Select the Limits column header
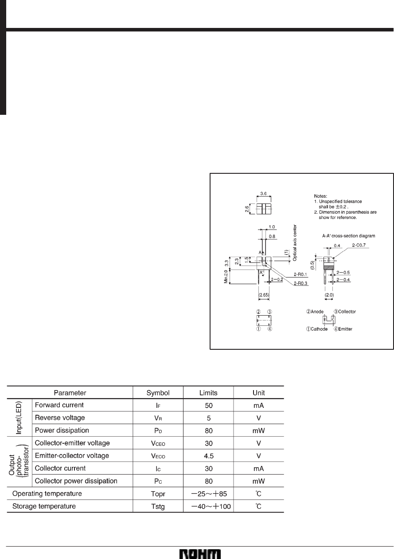pos(208,392)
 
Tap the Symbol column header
pos(158,392)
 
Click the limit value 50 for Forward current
pos(208,405)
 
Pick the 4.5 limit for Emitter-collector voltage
pos(208,456)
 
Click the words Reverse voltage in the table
pos(60,418)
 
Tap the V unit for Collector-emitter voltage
pos(258,443)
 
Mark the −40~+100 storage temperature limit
pos(208,506)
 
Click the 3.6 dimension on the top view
pos(263,194)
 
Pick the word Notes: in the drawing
pos(320,195)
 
